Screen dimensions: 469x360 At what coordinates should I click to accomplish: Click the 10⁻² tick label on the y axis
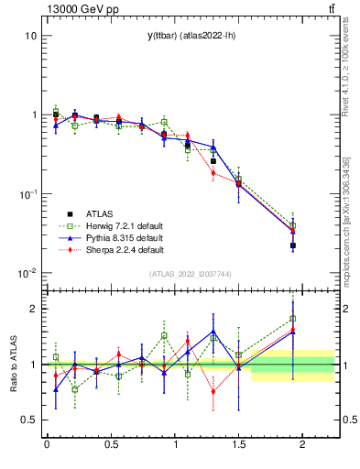point(27,273)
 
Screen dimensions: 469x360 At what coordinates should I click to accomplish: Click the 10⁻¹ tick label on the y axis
point(27,194)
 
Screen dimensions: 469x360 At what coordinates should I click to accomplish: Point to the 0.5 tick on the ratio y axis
point(29,420)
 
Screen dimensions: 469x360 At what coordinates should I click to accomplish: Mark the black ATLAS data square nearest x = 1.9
point(292,245)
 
